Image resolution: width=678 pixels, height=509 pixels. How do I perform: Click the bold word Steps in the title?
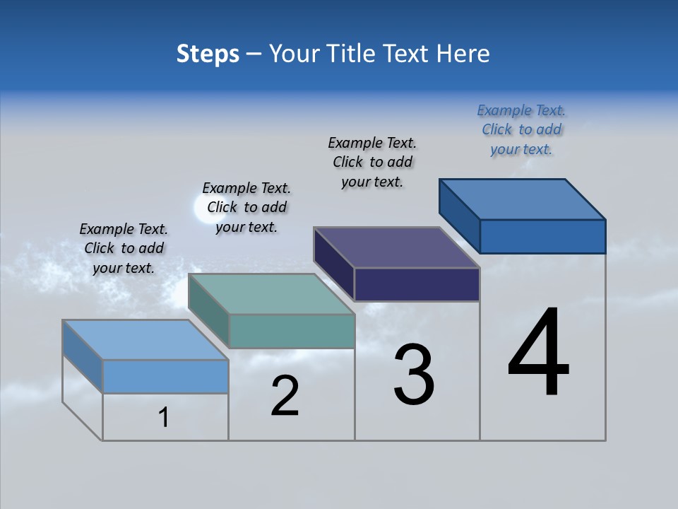point(208,54)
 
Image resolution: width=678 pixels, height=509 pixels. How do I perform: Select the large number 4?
point(538,353)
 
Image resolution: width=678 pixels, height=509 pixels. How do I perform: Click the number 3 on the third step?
point(414,375)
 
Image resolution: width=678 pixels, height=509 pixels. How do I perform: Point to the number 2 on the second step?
point(285,396)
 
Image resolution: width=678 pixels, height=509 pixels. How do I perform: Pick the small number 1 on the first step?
point(164,418)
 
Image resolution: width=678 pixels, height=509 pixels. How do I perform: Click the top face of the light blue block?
point(145,340)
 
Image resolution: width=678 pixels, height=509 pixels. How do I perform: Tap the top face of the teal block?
point(271,294)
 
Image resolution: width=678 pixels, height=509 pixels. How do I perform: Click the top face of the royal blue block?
point(523,199)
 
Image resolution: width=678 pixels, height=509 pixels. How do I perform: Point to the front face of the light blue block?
point(165,376)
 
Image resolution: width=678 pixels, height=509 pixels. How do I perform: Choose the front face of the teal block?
point(292,331)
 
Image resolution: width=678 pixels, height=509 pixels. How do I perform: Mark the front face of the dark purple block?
point(417,284)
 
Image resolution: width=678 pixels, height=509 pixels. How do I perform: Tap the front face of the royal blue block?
point(542,236)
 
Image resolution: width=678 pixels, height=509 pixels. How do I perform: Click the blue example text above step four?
point(521,130)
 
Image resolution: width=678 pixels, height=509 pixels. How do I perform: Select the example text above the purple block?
point(373,162)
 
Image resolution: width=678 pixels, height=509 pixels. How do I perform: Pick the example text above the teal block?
point(246,207)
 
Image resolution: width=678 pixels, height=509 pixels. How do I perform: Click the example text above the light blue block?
point(124,248)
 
